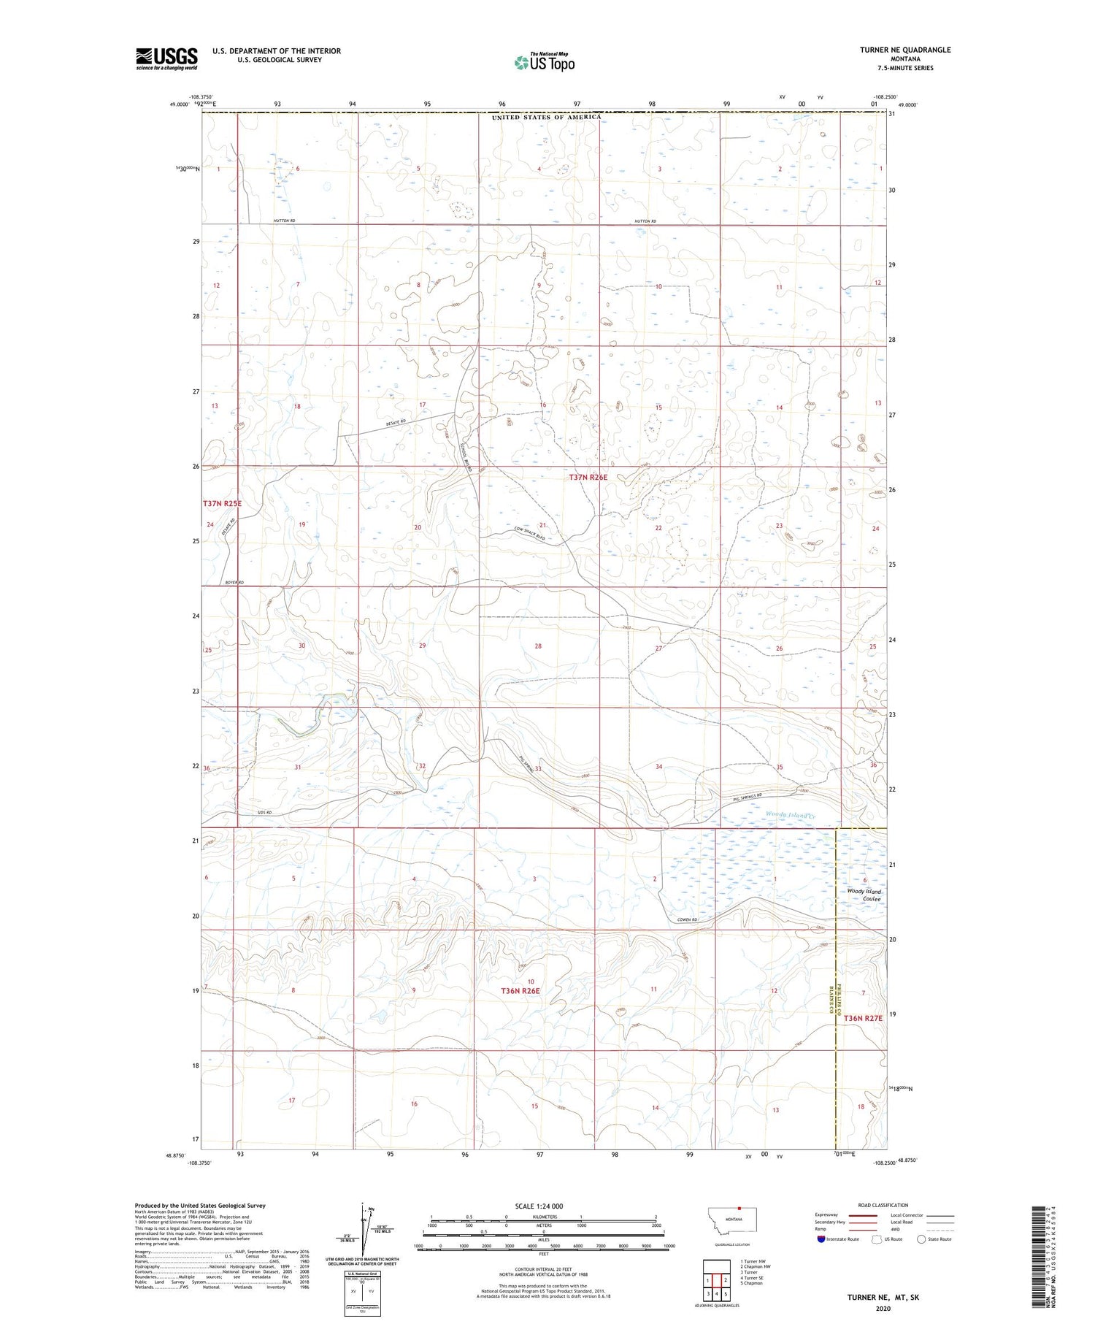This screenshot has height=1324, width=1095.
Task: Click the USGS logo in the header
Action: point(166,58)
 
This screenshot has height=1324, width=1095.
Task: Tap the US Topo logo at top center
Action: point(544,62)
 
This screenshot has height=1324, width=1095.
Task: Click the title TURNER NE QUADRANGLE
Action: point(904,50)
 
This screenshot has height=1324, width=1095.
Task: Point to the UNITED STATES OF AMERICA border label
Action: point(546,117)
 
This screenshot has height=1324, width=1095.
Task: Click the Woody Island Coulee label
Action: point(864,895)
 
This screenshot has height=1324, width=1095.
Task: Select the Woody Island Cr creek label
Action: point(789,814)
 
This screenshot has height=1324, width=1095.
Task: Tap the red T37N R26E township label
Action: point(588,477)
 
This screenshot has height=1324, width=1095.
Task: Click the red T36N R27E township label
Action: point(863,1018)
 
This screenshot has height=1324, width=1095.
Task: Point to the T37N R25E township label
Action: point(222,504)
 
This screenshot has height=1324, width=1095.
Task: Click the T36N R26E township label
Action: point(520,991)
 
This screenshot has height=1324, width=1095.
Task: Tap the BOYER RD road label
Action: point(234,583)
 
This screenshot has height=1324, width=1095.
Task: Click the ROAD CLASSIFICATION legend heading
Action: point(883,1205)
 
